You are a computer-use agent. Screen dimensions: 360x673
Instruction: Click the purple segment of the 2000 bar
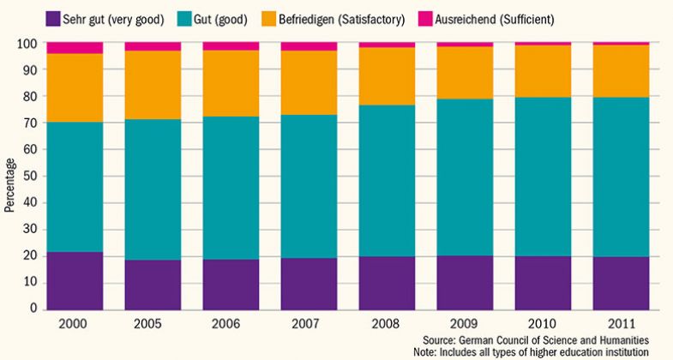(75, 279)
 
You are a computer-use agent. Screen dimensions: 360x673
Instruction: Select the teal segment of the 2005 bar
(153, 189)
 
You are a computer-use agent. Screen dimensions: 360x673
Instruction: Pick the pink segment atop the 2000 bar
(75, 47)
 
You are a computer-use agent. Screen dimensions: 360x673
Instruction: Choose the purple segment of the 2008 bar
(387, 282)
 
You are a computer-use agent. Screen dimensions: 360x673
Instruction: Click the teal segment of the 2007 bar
(309, 186)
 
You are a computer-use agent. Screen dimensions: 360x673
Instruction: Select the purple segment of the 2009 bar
(465, 282)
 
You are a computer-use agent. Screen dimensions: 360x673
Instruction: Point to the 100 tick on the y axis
(30, 44)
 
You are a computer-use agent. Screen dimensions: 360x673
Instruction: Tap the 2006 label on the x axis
(231, 325)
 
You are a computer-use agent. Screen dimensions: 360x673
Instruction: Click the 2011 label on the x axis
(621, 325)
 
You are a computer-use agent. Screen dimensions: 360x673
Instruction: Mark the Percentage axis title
(9, 184)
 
